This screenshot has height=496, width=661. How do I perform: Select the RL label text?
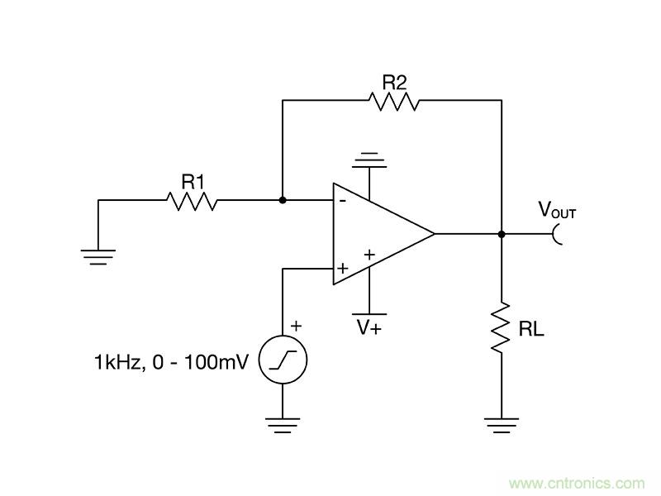(x=530, y=331)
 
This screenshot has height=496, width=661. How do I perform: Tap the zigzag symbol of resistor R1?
(x=192, y=200)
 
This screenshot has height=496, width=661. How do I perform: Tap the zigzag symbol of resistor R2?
(x=394, y=101)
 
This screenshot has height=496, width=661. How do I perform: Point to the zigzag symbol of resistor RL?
(x=502, y=329)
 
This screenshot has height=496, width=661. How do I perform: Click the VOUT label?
(x=557, y=211)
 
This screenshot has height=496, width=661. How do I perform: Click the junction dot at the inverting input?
(x=283, y=200)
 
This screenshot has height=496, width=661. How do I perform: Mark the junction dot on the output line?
(x=502, y=234)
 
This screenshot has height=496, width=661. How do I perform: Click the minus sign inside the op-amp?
(x=341, y=200)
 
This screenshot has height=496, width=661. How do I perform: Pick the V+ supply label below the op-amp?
(x=369, y=327)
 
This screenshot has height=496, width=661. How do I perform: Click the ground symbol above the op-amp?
(x=369, y=159)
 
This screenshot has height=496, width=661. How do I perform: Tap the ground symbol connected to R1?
(x=98, y=257)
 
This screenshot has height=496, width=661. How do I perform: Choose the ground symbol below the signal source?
(x=283, y=425)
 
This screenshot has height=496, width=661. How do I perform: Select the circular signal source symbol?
(x=283, y=360)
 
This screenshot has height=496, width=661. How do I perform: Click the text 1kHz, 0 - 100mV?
(x=170, y=361)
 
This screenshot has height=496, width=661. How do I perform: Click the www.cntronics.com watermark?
(x=576, y=483)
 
